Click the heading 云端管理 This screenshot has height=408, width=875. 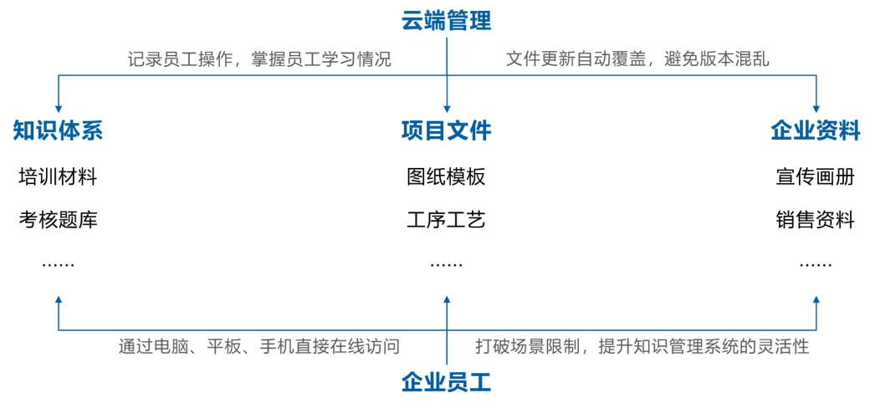446,19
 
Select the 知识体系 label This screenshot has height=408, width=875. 58,131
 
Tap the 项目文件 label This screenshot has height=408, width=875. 446,131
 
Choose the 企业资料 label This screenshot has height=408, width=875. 815,131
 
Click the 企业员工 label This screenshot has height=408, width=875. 446,383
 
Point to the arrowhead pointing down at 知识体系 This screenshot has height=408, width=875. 58,108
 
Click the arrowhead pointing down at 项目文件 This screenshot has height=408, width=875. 446,108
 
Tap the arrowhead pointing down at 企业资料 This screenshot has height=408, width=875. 816,108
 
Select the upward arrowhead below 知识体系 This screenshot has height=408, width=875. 58,299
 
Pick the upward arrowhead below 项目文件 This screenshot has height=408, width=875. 446,299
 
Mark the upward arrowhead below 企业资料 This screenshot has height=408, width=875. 816,299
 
